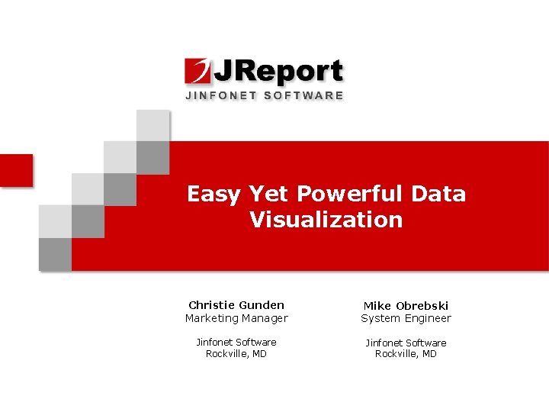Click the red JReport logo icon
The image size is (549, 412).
(197, 71)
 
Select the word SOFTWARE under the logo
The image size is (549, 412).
(303, 95)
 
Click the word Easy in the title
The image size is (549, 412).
(213, 195)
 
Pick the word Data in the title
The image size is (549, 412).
(437, 194)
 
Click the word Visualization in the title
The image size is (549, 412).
(326, 220)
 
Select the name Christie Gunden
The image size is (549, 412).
(236, 305)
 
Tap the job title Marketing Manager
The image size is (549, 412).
(236, 318)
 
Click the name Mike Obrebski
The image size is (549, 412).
(406, 305)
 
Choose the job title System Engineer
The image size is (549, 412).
(406, 318)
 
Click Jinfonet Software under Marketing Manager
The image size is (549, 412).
(236, 343)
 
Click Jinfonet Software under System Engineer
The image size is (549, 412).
(406, 343)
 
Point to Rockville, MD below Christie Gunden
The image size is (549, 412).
(236, 354)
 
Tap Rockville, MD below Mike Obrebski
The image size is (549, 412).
(406, 354)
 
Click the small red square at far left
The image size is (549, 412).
(15, 169)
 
